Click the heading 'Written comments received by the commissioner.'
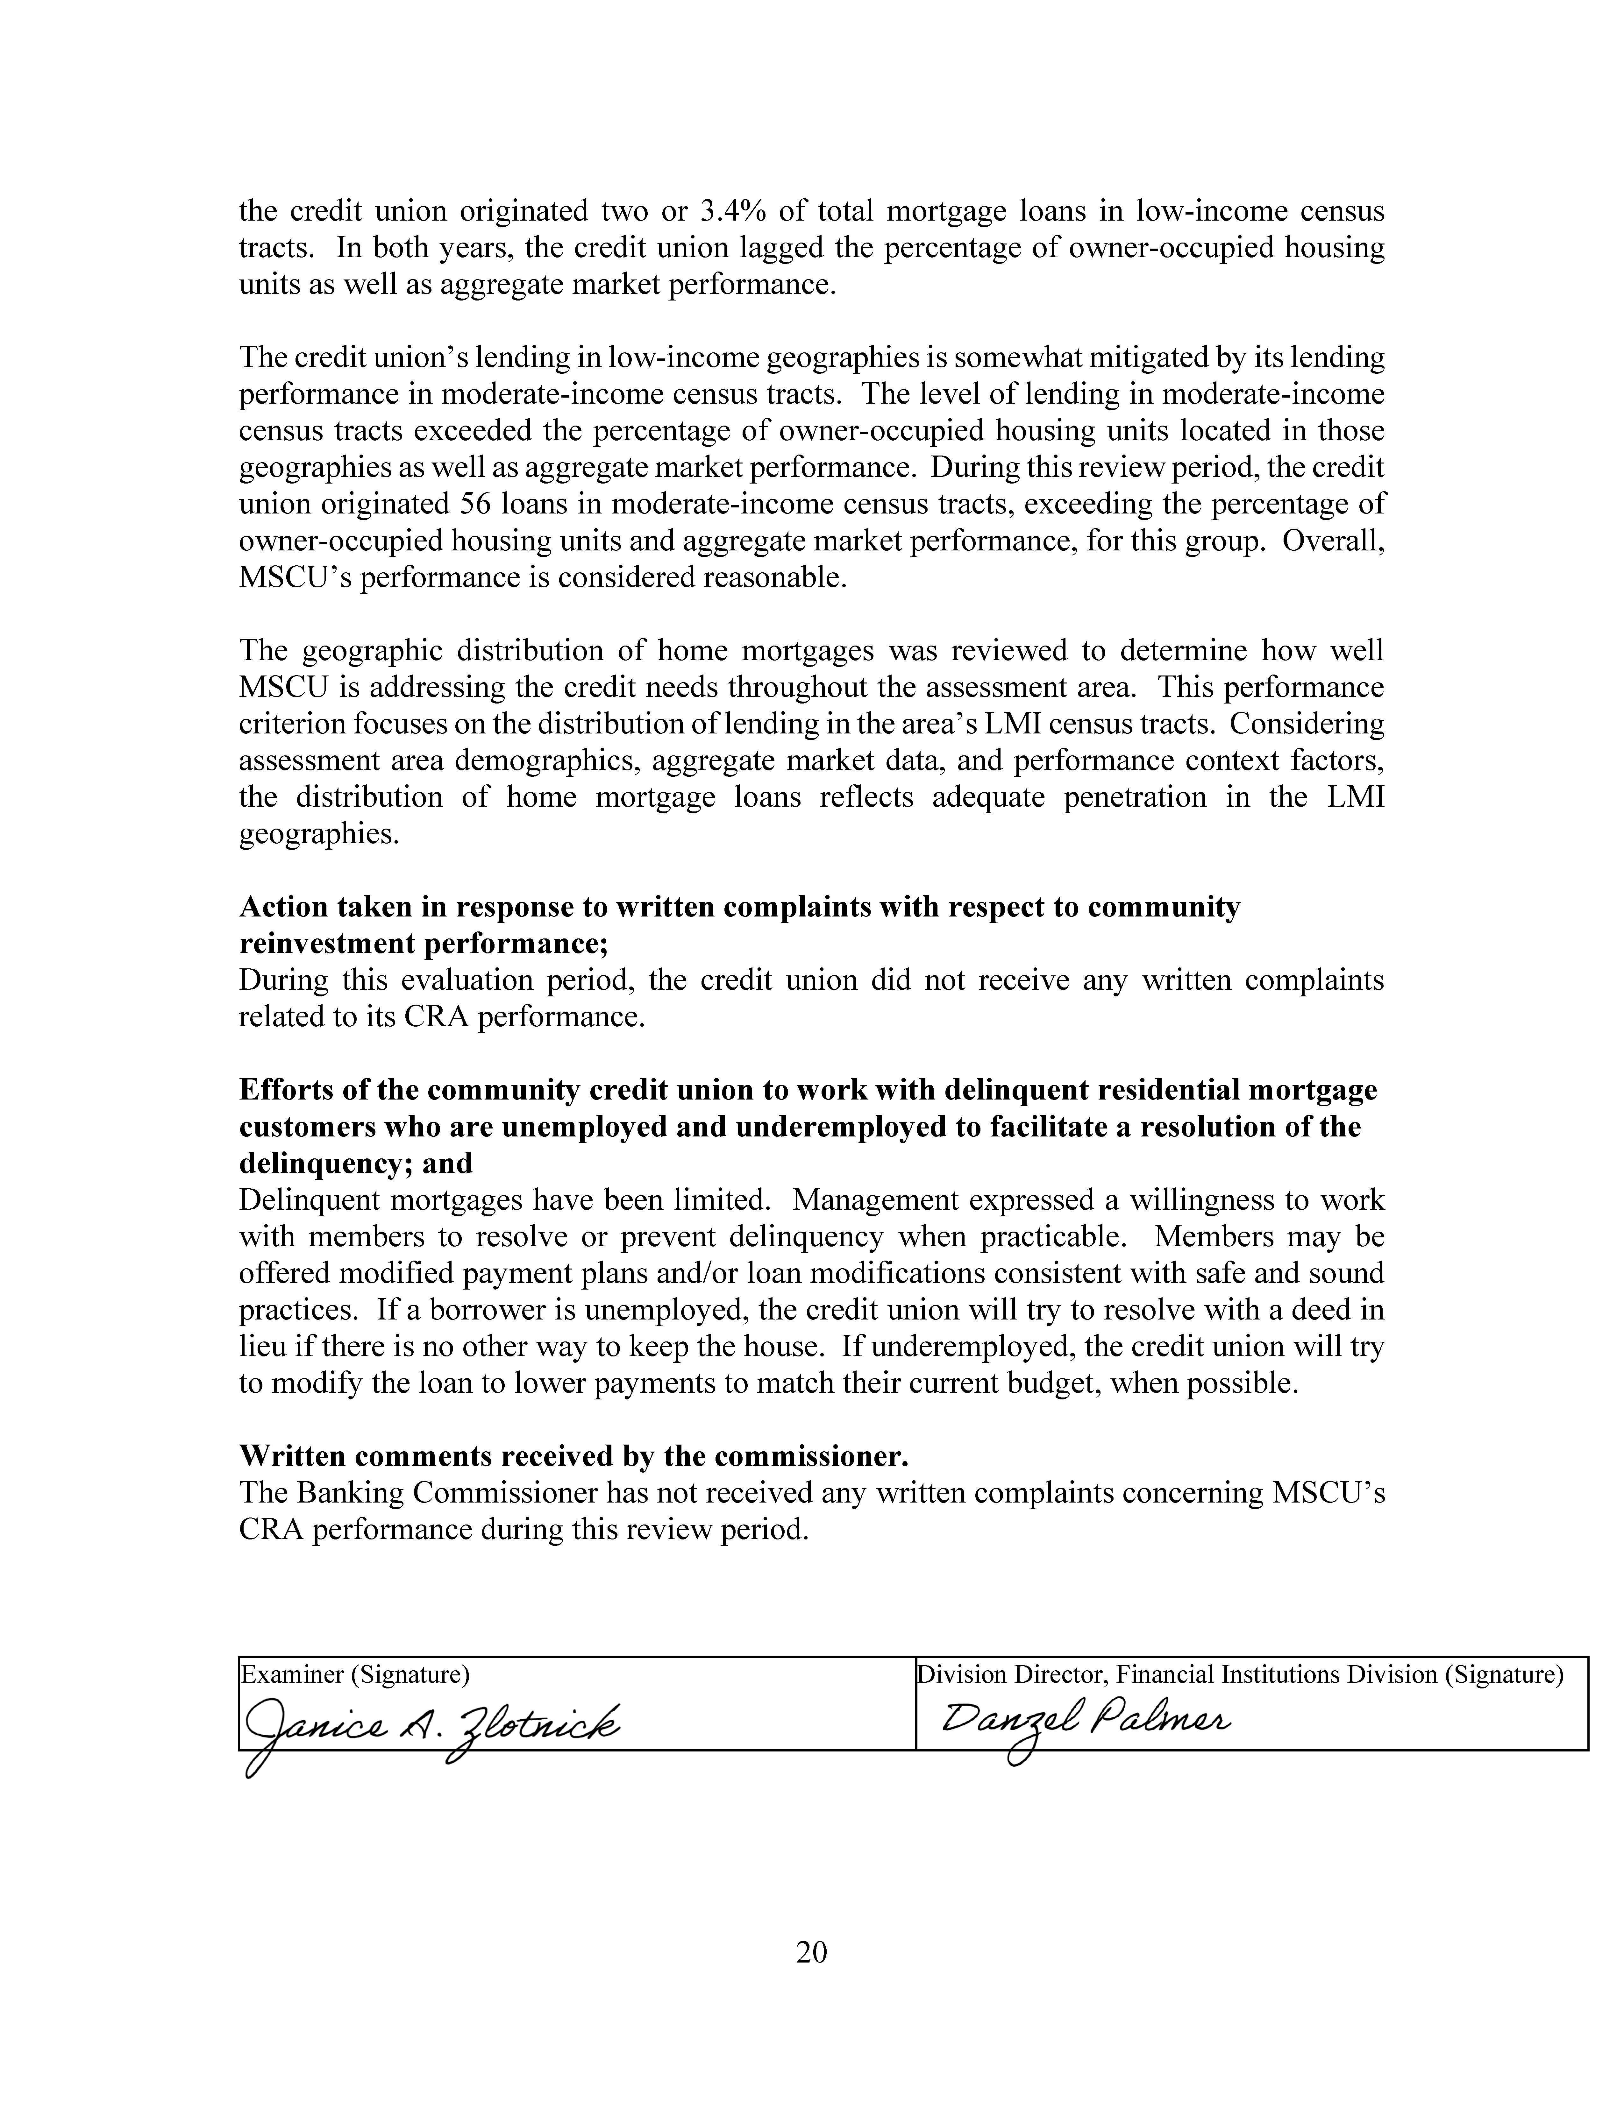573,1456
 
